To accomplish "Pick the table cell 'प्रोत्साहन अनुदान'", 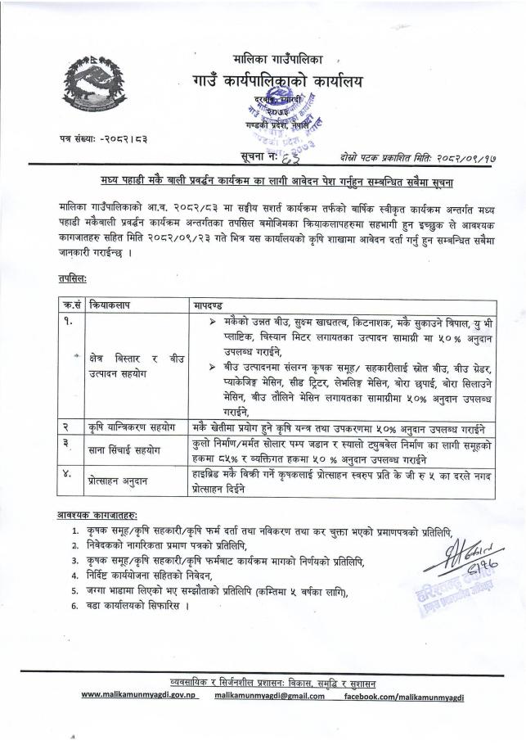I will pos(122,482).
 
